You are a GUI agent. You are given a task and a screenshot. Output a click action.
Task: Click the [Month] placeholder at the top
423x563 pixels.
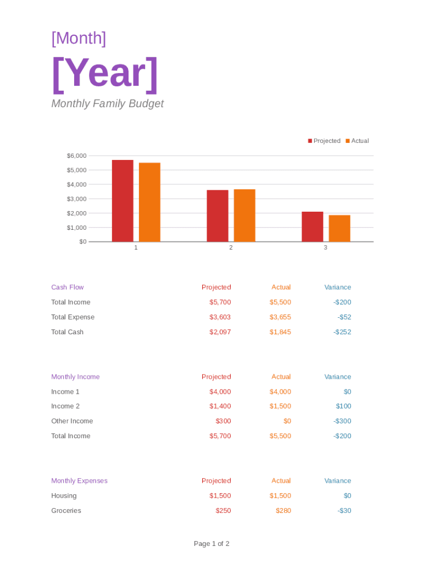pos(79,38)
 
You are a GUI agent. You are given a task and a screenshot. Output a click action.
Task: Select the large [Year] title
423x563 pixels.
pos(105,74)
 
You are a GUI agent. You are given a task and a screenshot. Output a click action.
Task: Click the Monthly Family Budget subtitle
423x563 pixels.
pos(107,104)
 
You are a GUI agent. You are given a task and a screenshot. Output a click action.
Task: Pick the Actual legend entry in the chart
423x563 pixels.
pos(357,141)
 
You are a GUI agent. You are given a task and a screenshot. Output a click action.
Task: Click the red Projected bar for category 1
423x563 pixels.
pos(123,201)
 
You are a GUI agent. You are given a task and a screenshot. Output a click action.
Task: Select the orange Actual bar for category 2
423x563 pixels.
pos(244,216)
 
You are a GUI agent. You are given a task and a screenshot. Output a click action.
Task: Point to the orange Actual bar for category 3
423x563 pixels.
pos(339,228)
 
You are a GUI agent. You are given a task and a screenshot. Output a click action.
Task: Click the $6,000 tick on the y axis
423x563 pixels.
pos(76,156)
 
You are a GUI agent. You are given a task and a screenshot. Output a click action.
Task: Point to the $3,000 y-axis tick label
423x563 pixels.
pos(76,198)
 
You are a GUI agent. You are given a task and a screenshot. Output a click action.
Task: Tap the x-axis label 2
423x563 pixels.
pos(231,248)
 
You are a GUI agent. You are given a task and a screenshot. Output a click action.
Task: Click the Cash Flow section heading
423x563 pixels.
pos(68,287)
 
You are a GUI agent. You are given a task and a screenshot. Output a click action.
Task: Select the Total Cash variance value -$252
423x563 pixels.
pos(342,332)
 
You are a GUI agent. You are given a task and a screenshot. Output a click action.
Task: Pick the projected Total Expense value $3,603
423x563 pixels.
pos(220,317)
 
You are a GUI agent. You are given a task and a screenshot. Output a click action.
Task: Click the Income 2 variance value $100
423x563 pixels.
pos(343,406)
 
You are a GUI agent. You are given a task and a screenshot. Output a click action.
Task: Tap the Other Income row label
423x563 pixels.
pos(72,421)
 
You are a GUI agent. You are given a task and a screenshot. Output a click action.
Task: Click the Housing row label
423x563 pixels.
pos(64,496)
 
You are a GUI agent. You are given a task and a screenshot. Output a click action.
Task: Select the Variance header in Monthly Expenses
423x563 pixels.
pos(337,481)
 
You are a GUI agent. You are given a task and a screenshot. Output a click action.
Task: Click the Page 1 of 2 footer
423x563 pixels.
pos(211,544)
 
